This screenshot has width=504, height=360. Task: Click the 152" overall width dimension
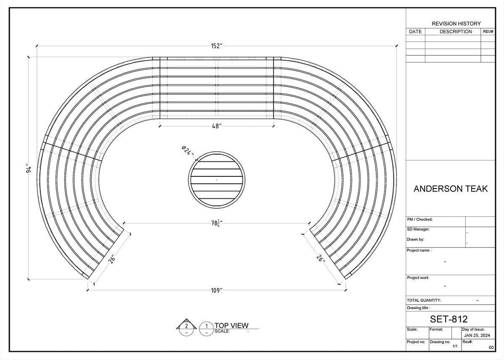pos(216,46)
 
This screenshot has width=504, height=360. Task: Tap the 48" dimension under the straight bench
pos(216,126)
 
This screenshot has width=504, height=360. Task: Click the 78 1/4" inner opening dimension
pos(216,223)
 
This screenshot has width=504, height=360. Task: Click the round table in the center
pos(216,180)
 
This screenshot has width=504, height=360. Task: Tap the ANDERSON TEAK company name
pos(451,189)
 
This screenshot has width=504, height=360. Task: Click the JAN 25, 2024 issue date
pos(478,336)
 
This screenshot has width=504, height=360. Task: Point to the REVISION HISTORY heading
pos(456,24)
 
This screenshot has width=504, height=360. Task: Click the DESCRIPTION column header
pos(456,32)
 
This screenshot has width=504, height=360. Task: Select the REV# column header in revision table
pos(488,32)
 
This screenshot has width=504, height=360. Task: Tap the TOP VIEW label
pos(231,325)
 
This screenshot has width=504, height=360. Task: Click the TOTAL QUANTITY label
pos(424,300)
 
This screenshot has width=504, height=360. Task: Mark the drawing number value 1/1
pos(455,347)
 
